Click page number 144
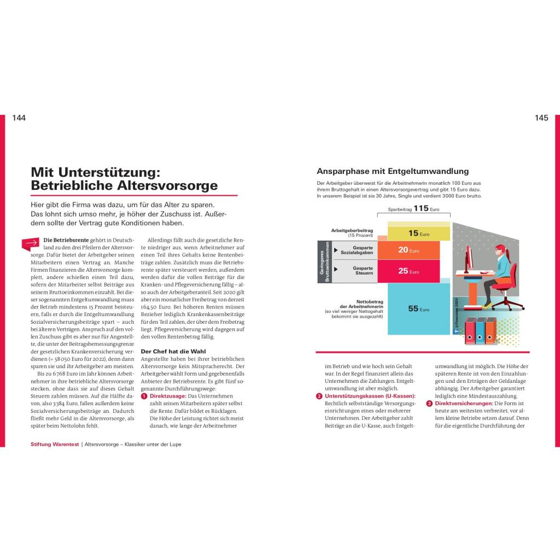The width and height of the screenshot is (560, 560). [x=19, y=118]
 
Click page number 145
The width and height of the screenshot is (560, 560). [x=541, y=118]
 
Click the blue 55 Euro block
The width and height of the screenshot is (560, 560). [x=418, y=308]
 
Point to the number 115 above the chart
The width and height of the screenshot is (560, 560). [x=421, y=208]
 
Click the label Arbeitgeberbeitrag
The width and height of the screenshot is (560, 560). [x=352, y=230]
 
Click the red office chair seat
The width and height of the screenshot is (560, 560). [x=500, y=285]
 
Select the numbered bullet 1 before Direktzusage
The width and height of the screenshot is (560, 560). [x=144, y=396]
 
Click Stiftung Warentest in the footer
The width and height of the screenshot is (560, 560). [x=55, y=445]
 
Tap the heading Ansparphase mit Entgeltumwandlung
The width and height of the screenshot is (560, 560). [x=393, y=171]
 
